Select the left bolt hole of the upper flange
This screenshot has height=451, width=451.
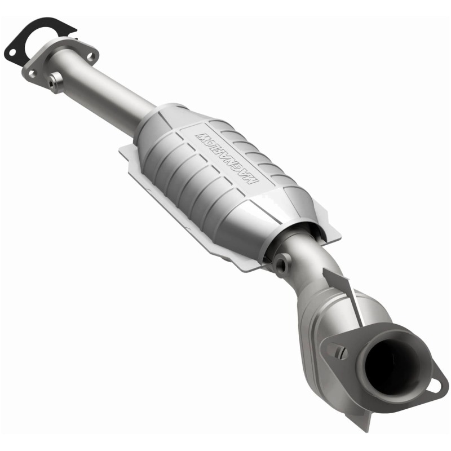coord(30,73)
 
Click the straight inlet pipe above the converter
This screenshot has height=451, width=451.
coord(107,93)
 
